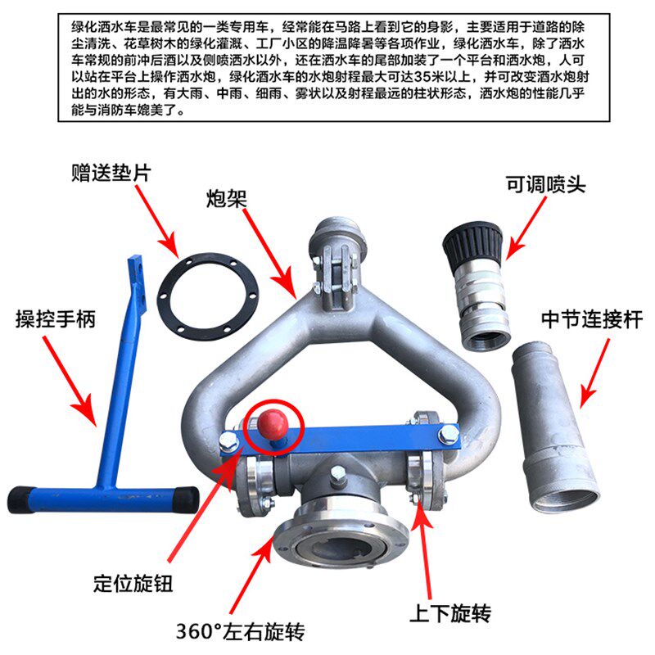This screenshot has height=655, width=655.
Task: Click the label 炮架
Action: [227, 199]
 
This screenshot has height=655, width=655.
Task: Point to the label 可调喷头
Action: [546, 184]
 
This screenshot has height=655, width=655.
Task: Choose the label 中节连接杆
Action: [592, 319]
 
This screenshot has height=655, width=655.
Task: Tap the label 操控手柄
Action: [56, 318]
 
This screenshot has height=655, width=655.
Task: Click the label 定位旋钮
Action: [133, 583]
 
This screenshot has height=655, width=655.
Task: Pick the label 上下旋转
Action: [450, 613]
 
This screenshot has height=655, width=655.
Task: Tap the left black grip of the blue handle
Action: [19, 499]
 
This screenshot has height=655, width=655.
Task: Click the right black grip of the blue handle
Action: [186, 499]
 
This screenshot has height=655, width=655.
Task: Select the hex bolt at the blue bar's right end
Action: [448, 435]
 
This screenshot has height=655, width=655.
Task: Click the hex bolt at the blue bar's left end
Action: [228, 440]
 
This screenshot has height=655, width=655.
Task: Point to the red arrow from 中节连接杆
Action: [594, 373]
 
